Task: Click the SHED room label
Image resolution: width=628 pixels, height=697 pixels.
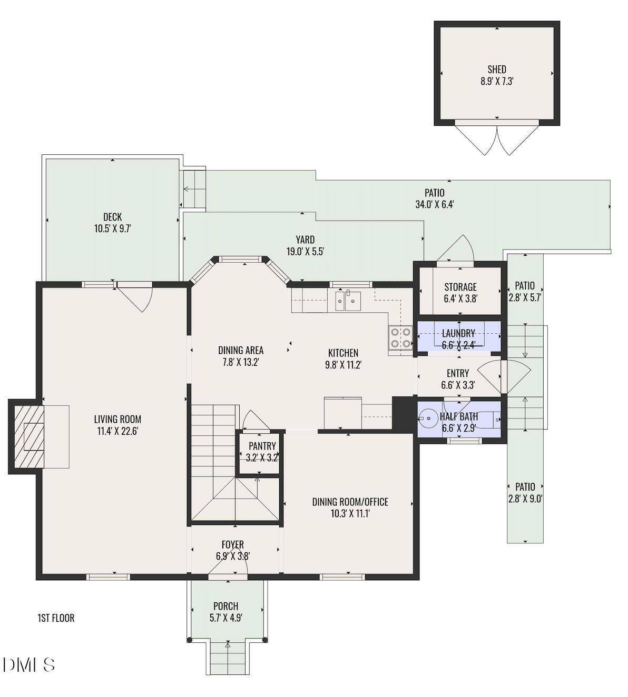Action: (497, 69)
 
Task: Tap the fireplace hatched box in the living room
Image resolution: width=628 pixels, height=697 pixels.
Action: (28, 437)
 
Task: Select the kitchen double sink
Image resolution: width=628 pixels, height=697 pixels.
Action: (348, 301)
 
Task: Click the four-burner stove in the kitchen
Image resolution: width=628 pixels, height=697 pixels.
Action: (400, 338)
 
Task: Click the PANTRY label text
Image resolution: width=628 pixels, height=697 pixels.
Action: (262, 446)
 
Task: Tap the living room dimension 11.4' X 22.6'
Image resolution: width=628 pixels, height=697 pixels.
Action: (117, 432)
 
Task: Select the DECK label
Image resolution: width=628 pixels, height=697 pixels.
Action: (113, 217)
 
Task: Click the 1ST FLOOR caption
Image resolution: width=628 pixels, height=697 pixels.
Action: (56, 618)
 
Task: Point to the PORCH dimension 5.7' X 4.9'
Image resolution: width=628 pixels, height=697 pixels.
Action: (225, 618)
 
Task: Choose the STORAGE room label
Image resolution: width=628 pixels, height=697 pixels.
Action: (460, 287)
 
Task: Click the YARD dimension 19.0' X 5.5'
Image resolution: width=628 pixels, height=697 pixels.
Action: (305, 252)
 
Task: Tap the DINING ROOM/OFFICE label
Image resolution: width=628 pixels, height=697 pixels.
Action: (350, 502)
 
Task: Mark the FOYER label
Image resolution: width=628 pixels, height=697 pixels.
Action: (233, 544)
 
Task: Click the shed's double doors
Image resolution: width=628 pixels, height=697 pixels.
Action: (497, 140)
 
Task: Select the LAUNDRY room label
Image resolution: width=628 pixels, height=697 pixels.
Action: (458, 333)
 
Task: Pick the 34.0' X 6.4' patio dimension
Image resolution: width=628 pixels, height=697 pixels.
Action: (435, 204)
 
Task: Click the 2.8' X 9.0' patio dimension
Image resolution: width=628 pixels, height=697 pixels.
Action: (525, 499)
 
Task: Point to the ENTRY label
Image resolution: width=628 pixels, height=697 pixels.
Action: (458, 373)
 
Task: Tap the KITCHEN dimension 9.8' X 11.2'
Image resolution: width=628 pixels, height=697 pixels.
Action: (343, 365)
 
